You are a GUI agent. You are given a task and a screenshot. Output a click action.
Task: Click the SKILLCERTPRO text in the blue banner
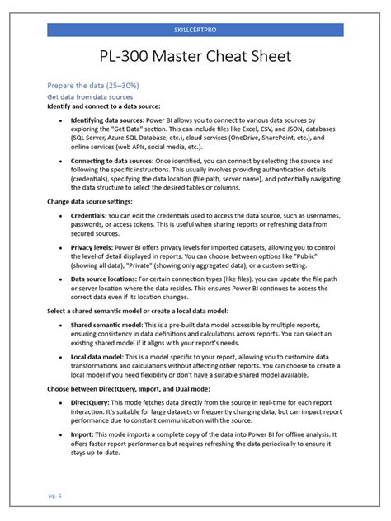point(195,30)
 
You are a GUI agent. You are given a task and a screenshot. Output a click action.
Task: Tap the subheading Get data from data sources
point(89,96)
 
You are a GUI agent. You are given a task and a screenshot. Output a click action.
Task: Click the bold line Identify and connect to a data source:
point(103,106)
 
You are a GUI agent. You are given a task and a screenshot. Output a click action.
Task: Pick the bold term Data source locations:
point(104,279)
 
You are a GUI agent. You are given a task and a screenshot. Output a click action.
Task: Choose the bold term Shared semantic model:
point(108,325)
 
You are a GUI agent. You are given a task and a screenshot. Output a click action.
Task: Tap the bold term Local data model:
point(101,356)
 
